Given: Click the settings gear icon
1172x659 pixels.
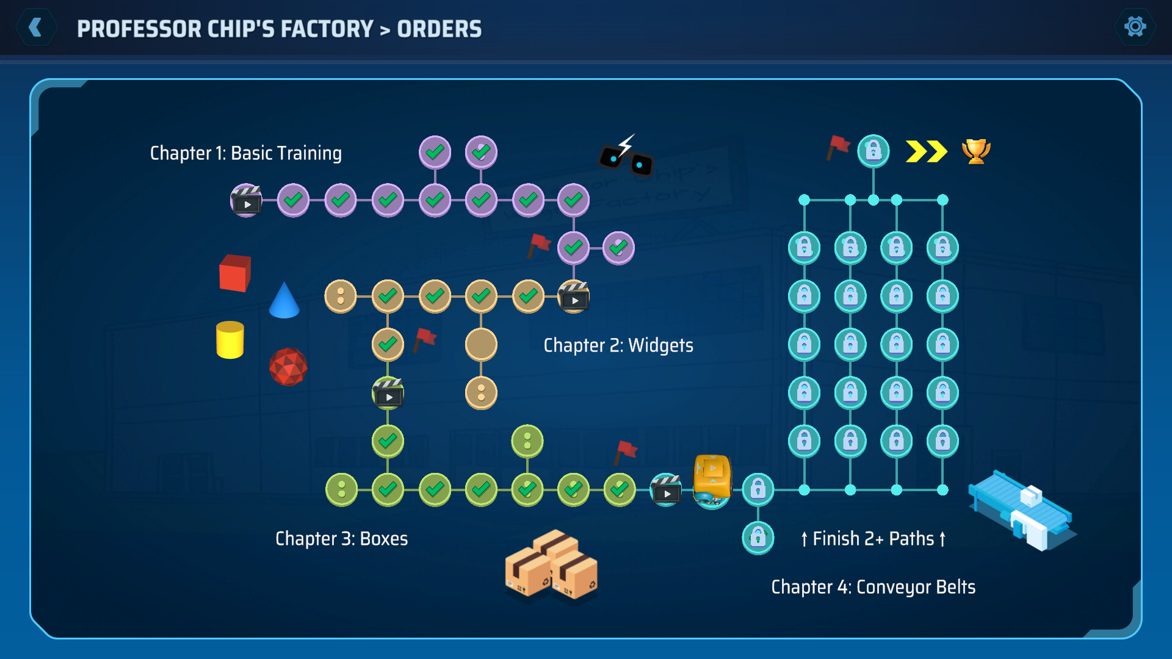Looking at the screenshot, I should pos(1135,27).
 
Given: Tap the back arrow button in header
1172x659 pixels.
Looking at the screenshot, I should pos(36,27).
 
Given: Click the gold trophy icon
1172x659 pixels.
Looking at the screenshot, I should pos(975,151).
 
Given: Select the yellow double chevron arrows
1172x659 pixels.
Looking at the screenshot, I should pos(926,151).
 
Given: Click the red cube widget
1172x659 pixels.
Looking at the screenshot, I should pos(235,273).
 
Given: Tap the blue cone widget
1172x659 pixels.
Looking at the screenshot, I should pos(284,301).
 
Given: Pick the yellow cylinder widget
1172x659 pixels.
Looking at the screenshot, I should pos(230,340).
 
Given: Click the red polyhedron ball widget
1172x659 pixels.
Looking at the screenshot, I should pos(288,367).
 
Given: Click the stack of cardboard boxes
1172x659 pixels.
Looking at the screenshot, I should pos(551,564).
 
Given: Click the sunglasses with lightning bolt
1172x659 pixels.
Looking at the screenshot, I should pos(626,156).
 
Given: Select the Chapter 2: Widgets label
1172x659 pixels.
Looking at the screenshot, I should pos(618,345).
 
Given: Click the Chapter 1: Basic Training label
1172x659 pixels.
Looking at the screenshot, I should pos(245,153).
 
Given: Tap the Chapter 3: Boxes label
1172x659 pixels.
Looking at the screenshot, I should pos(341,539).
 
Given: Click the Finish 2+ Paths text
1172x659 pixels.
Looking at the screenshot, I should pos(873,539).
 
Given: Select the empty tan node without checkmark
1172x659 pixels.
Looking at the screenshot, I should pos(481,344).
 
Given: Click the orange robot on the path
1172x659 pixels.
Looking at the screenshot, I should pos(712,480).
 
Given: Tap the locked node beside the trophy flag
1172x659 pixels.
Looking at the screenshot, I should pos(873,151).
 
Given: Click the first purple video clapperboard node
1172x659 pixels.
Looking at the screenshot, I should pos(246,200).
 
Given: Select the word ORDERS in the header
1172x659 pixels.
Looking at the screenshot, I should pos(439,29).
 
